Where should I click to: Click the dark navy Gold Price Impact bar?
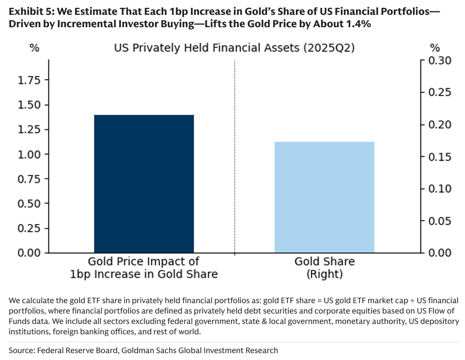click(x=143, y=183)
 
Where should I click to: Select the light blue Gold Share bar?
click(x=325, y=197)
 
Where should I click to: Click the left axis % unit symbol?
click(x=34, y=48)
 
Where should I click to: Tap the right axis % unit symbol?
click(x=434, y=48)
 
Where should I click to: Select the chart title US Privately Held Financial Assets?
click(x=234, y=48)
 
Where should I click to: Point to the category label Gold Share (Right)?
click(x=325, y=268)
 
